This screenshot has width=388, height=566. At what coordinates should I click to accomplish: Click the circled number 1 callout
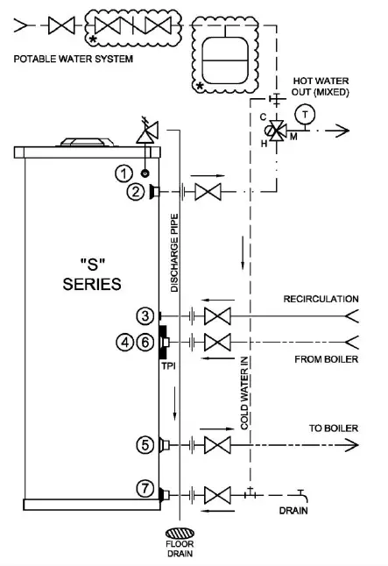[x=127, y=173]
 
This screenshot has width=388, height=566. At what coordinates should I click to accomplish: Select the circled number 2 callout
[x=134, y=192]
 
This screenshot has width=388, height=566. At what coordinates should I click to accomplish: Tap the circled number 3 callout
[x=145, y=315]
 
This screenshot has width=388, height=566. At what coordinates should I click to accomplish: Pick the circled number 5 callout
[x=145, y=445]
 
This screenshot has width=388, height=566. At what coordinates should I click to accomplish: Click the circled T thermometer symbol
[x=305, y=113]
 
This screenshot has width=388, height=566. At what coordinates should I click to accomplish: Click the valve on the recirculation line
[x=215, y=315]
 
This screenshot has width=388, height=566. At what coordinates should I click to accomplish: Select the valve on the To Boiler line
[x=215, y=445]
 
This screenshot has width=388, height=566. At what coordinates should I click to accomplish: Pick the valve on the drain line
[x=215, y=494]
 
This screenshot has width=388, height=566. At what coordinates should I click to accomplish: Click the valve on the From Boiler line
[x=215, y=341]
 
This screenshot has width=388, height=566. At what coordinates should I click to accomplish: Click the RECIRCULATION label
[x=321, y=300]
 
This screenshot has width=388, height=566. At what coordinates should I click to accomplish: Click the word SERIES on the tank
[x=91, y=284]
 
